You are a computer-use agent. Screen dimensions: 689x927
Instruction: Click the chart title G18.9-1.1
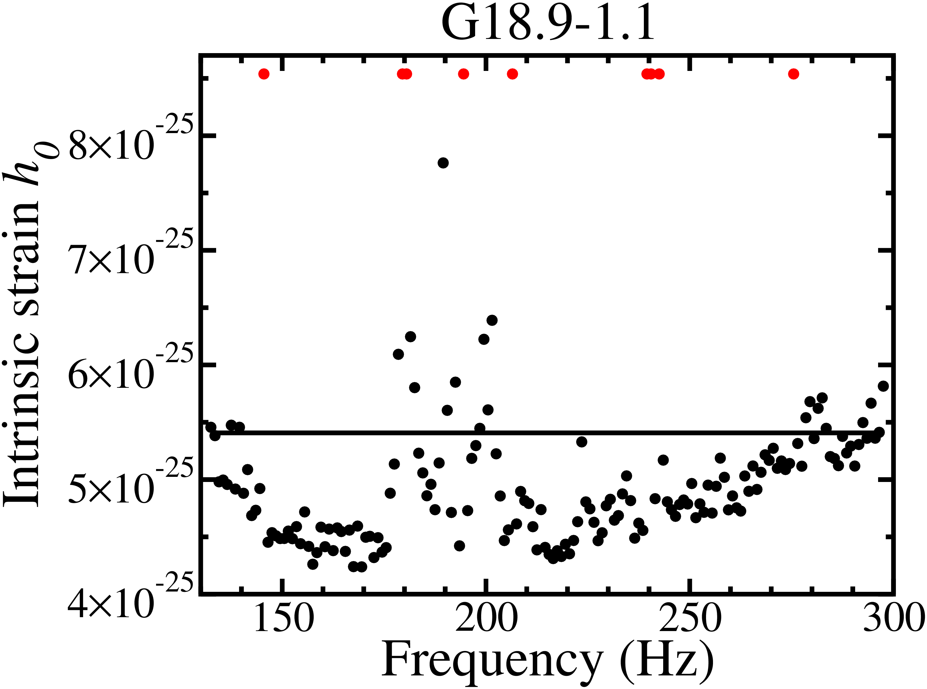(x=547, y=24)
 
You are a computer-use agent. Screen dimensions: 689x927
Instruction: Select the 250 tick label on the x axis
(x=690, y=618)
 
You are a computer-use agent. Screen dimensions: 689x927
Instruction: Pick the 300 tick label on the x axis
(x=893, y=618)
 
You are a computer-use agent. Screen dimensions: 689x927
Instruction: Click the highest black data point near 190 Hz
(x=443, y=163)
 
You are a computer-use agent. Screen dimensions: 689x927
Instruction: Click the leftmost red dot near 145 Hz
(x=264, y=74)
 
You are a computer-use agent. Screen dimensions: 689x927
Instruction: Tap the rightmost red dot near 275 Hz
(x=794, y=74)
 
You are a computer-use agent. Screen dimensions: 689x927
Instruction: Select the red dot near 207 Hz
(x=512, y=74)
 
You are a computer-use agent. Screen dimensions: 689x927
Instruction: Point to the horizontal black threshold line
(x=542, y=433)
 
